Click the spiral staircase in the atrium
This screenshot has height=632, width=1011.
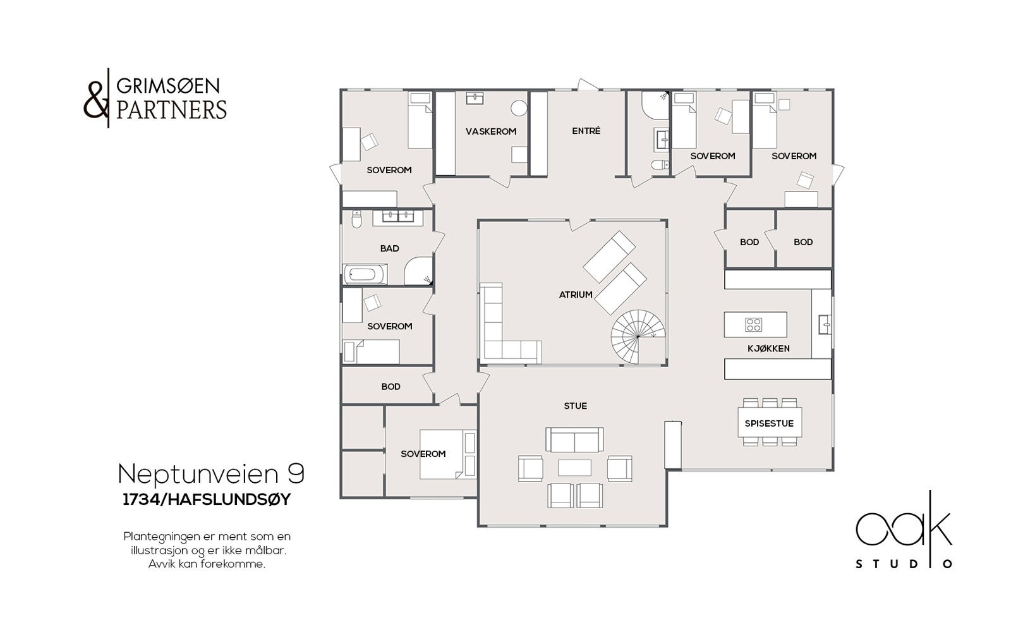[x=638, y=336]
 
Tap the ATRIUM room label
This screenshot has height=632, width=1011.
[x=576, y=295]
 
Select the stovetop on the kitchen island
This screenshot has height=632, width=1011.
[x=754, y=325]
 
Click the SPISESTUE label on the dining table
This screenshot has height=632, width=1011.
[x=769, y=423]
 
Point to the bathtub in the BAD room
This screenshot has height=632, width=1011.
[x=365, y=274]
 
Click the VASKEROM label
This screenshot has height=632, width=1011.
[x=491, y=131]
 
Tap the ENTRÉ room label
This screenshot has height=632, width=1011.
[x=586, y=131]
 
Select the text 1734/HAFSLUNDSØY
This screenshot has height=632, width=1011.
[x=207, y=499]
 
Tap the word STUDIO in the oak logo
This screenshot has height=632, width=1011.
[x=904, y=564]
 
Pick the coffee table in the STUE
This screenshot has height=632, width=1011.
[x=574, y=468]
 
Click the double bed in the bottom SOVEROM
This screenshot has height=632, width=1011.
[x=447, y=454]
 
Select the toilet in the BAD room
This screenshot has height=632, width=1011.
[x=356, y=219]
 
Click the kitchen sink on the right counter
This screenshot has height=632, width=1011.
[x=825, y=324]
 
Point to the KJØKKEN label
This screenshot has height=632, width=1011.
[x=768, y=349]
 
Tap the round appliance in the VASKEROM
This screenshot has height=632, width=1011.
[x=519, y=108]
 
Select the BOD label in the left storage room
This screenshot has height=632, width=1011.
[x=391, y=387]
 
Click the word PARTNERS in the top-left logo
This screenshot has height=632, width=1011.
[x=171, y=110]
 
